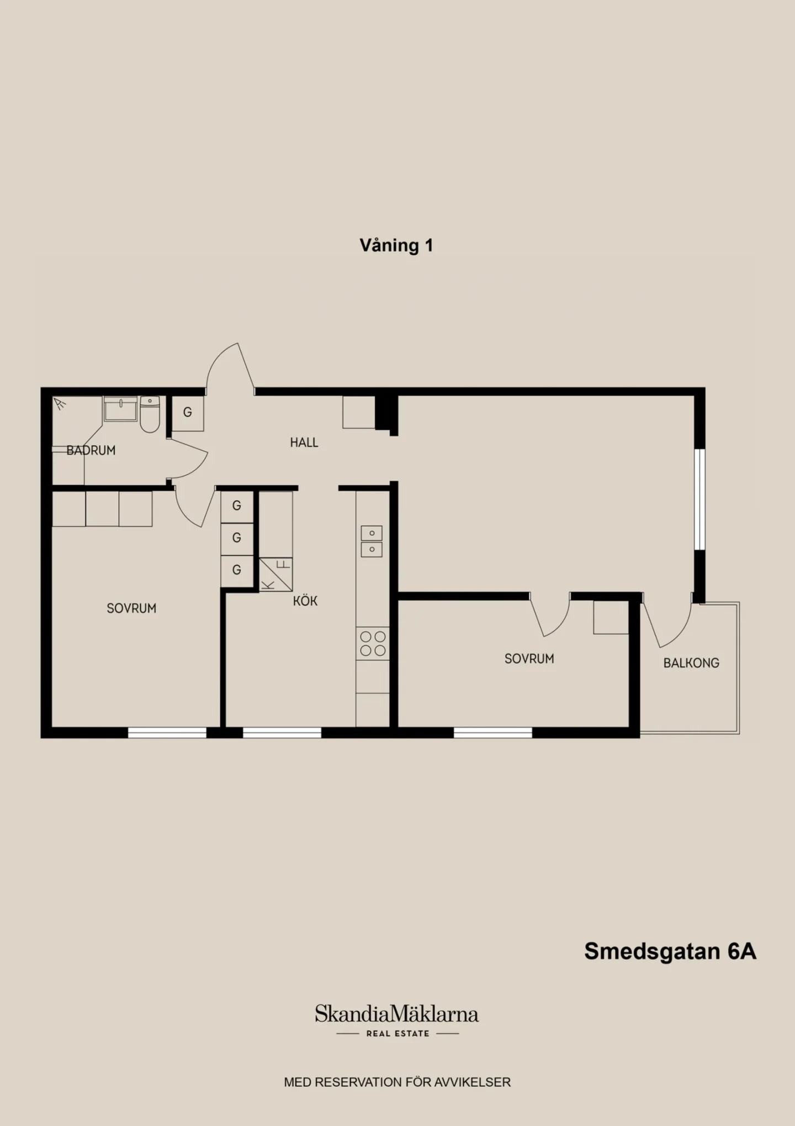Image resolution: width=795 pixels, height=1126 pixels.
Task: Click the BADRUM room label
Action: point(91,450)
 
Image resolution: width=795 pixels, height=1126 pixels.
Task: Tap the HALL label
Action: point(304,442)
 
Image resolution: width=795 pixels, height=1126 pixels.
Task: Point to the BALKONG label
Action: point(691,662)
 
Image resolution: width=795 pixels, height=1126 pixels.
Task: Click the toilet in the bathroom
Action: point(150,414)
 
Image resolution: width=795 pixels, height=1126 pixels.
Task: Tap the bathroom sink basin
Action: point(120,409)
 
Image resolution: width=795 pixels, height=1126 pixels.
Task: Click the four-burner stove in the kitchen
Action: point(373,643)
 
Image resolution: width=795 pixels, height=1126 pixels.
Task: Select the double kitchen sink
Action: point(372,541)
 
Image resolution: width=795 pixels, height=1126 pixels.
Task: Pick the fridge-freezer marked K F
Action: point(275,575)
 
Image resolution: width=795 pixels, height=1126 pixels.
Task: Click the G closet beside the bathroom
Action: point(188,412)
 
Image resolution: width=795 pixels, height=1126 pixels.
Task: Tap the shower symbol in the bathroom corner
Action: point(60,404)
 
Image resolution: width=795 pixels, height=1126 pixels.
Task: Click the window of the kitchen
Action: point(282,733)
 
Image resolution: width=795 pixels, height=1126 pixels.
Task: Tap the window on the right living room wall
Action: point(699,499)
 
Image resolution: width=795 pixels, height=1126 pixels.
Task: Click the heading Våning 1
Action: point(396,245)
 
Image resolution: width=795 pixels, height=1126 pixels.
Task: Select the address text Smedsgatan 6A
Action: point(670,951)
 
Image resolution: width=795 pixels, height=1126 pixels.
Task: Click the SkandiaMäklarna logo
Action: point(397,1020)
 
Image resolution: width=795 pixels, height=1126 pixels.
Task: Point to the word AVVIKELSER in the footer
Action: point(473,1082)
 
